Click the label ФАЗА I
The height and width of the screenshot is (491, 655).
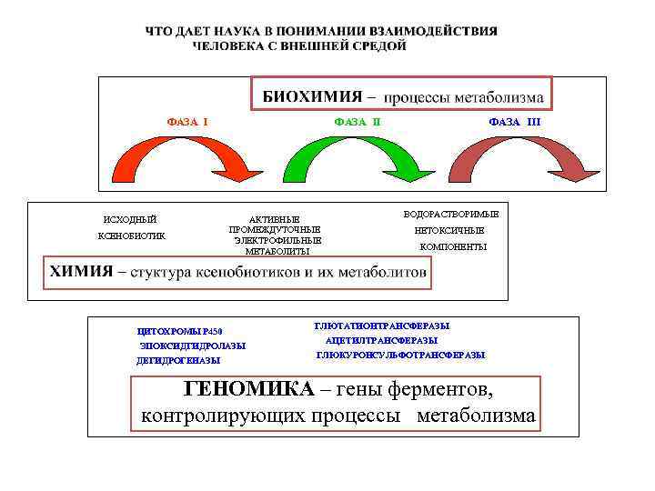[x=186, y=120]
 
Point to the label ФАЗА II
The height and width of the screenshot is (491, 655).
[x=358, y=120]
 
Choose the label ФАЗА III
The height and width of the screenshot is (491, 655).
[x=514, y=120]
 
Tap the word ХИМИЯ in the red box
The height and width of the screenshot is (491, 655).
[x=82, y=271]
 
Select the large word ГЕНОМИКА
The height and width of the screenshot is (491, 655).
[x=248, y=389]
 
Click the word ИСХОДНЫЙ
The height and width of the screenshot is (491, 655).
[x=130, y=219]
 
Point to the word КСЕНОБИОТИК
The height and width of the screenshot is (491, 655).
[x=131, y=236]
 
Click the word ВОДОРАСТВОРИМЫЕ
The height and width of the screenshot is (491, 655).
[x=451, y=214]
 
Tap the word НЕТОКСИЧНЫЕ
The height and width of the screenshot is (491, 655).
[x=450, y=230]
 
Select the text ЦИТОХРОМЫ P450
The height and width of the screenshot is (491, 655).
[x=179, y=331]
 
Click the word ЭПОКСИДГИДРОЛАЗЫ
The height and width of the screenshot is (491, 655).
[x=192, y=346]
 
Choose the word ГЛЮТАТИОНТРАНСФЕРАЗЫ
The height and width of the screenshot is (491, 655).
[x=382, y=325]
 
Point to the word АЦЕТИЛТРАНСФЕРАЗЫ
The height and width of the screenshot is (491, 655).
[x=381, y=339]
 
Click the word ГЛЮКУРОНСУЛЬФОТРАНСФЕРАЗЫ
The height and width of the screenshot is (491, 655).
[x=400, y=355]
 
